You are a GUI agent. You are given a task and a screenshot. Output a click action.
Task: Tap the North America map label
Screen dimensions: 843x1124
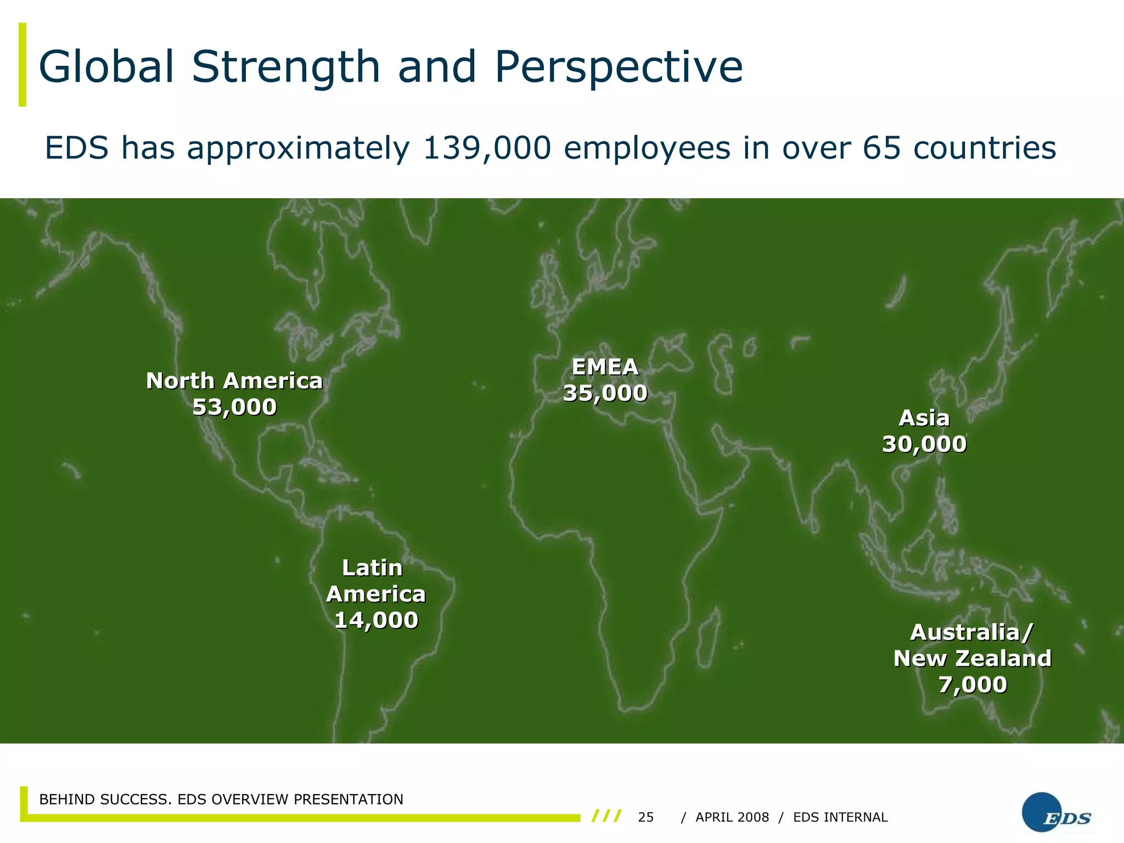coord(234,381)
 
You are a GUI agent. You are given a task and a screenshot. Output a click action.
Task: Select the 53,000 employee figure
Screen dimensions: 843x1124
coord(234,407)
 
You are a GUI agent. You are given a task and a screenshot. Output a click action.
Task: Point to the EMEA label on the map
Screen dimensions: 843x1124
coord(605,367)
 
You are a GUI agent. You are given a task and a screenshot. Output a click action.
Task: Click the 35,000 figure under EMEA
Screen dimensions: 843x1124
coord(605,393)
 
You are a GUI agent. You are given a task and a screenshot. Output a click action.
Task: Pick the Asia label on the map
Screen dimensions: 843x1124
coord(924,418)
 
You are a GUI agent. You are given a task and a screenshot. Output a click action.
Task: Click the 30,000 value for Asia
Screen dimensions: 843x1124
coord(924,444)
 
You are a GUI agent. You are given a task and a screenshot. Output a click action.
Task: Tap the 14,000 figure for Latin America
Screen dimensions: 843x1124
coord(376,620)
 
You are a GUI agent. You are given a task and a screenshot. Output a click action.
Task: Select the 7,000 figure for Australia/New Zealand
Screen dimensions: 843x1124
coord(973,684)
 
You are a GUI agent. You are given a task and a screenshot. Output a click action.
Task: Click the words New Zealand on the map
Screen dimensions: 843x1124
coord(973,658)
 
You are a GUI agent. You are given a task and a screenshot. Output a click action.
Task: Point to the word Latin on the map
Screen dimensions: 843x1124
coord(372,568)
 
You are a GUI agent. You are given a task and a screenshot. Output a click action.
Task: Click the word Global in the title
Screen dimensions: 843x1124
coord(106,67)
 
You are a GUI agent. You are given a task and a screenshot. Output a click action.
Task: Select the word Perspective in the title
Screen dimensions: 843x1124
coord(619,67)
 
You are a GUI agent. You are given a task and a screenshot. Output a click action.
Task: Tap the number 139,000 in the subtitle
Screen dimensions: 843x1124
coord(487,148)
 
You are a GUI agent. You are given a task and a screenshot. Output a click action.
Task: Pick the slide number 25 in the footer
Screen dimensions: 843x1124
coord(646,817)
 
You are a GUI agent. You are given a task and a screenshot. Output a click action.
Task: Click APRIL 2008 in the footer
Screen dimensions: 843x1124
coord(732,817)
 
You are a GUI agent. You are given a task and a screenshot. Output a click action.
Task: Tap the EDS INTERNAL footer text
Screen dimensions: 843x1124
coord(840,817)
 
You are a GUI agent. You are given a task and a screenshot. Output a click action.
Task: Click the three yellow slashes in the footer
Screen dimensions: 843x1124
coord(606,816)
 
